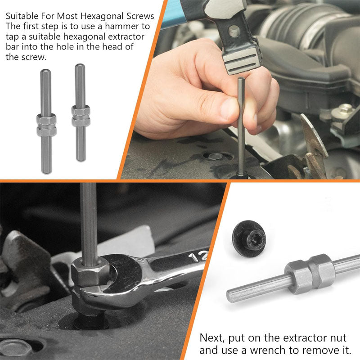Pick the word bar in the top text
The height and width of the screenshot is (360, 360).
click(12, 47)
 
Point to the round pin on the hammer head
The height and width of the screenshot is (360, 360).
click(234, 31)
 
